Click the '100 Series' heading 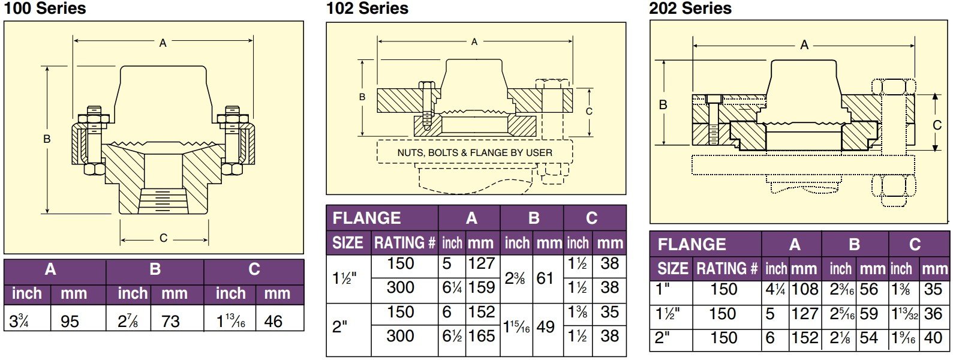(x=44, y=8)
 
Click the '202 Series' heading (x=690, y=8)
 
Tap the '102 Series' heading (x=367, y=8)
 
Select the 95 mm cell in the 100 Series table (x=70, y=321)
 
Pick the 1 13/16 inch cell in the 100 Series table (x=231, y=321)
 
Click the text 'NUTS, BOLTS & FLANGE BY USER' (x=475, y=153)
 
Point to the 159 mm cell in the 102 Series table (x=482, y=287)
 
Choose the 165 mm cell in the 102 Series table (x=482, y=336)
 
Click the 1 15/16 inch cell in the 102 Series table (x=516, y=327)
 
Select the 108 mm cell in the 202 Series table (x=805, y=289)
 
